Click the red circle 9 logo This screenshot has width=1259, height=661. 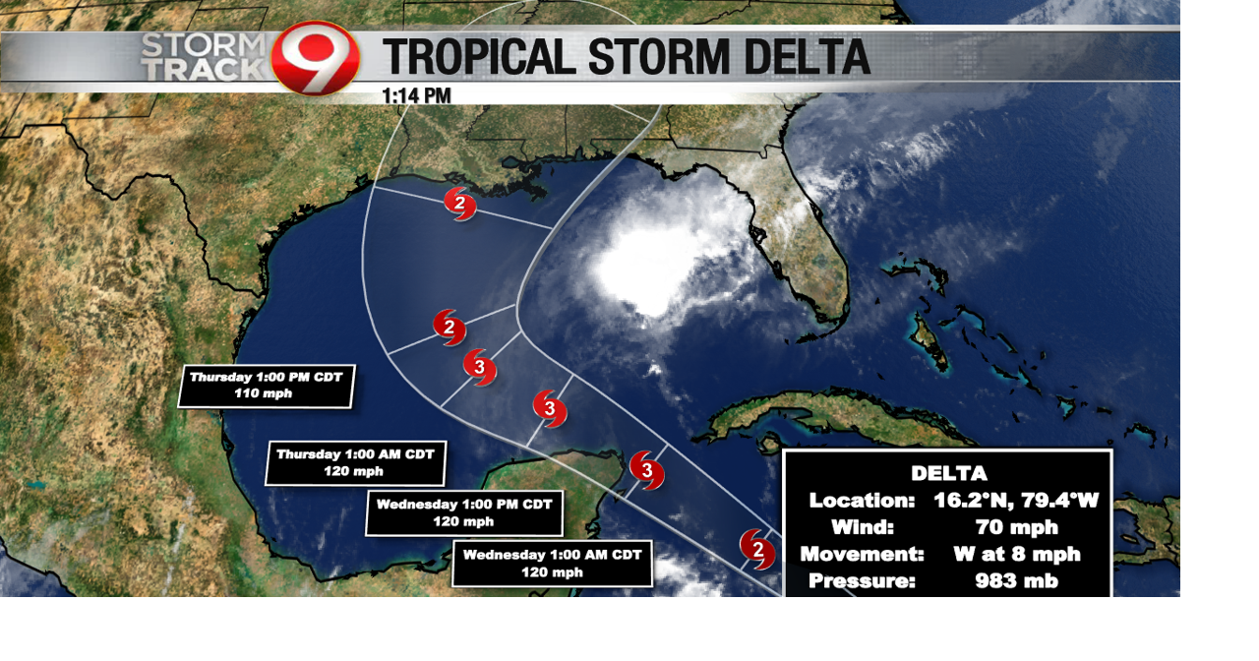coord(315,58)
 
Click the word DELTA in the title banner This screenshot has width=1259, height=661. coord(807,57)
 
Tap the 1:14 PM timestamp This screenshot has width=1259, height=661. coord(416,95)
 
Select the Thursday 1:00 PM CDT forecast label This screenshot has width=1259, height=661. coord(266,386)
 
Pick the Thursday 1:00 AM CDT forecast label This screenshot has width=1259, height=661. coord(355,462)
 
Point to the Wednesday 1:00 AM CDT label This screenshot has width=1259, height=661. coord(552,563)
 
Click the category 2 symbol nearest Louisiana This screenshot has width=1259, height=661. coord(459,204)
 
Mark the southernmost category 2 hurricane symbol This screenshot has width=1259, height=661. coord(756,549)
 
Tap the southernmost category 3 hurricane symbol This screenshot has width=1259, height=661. coord(646,470)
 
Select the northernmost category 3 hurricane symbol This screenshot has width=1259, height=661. coord(480,367)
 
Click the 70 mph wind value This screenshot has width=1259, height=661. coord(1016,527)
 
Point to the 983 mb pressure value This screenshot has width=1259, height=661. coord(1016,580)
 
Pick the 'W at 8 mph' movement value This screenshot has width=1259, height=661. coord(1016,554)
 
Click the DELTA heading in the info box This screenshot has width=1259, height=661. coord(948,473)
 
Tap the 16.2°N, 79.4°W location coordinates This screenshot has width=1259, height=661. coord(1015,501)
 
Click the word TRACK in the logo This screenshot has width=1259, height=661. coord(204,70)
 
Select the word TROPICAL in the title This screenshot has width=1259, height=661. coord(478,57)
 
